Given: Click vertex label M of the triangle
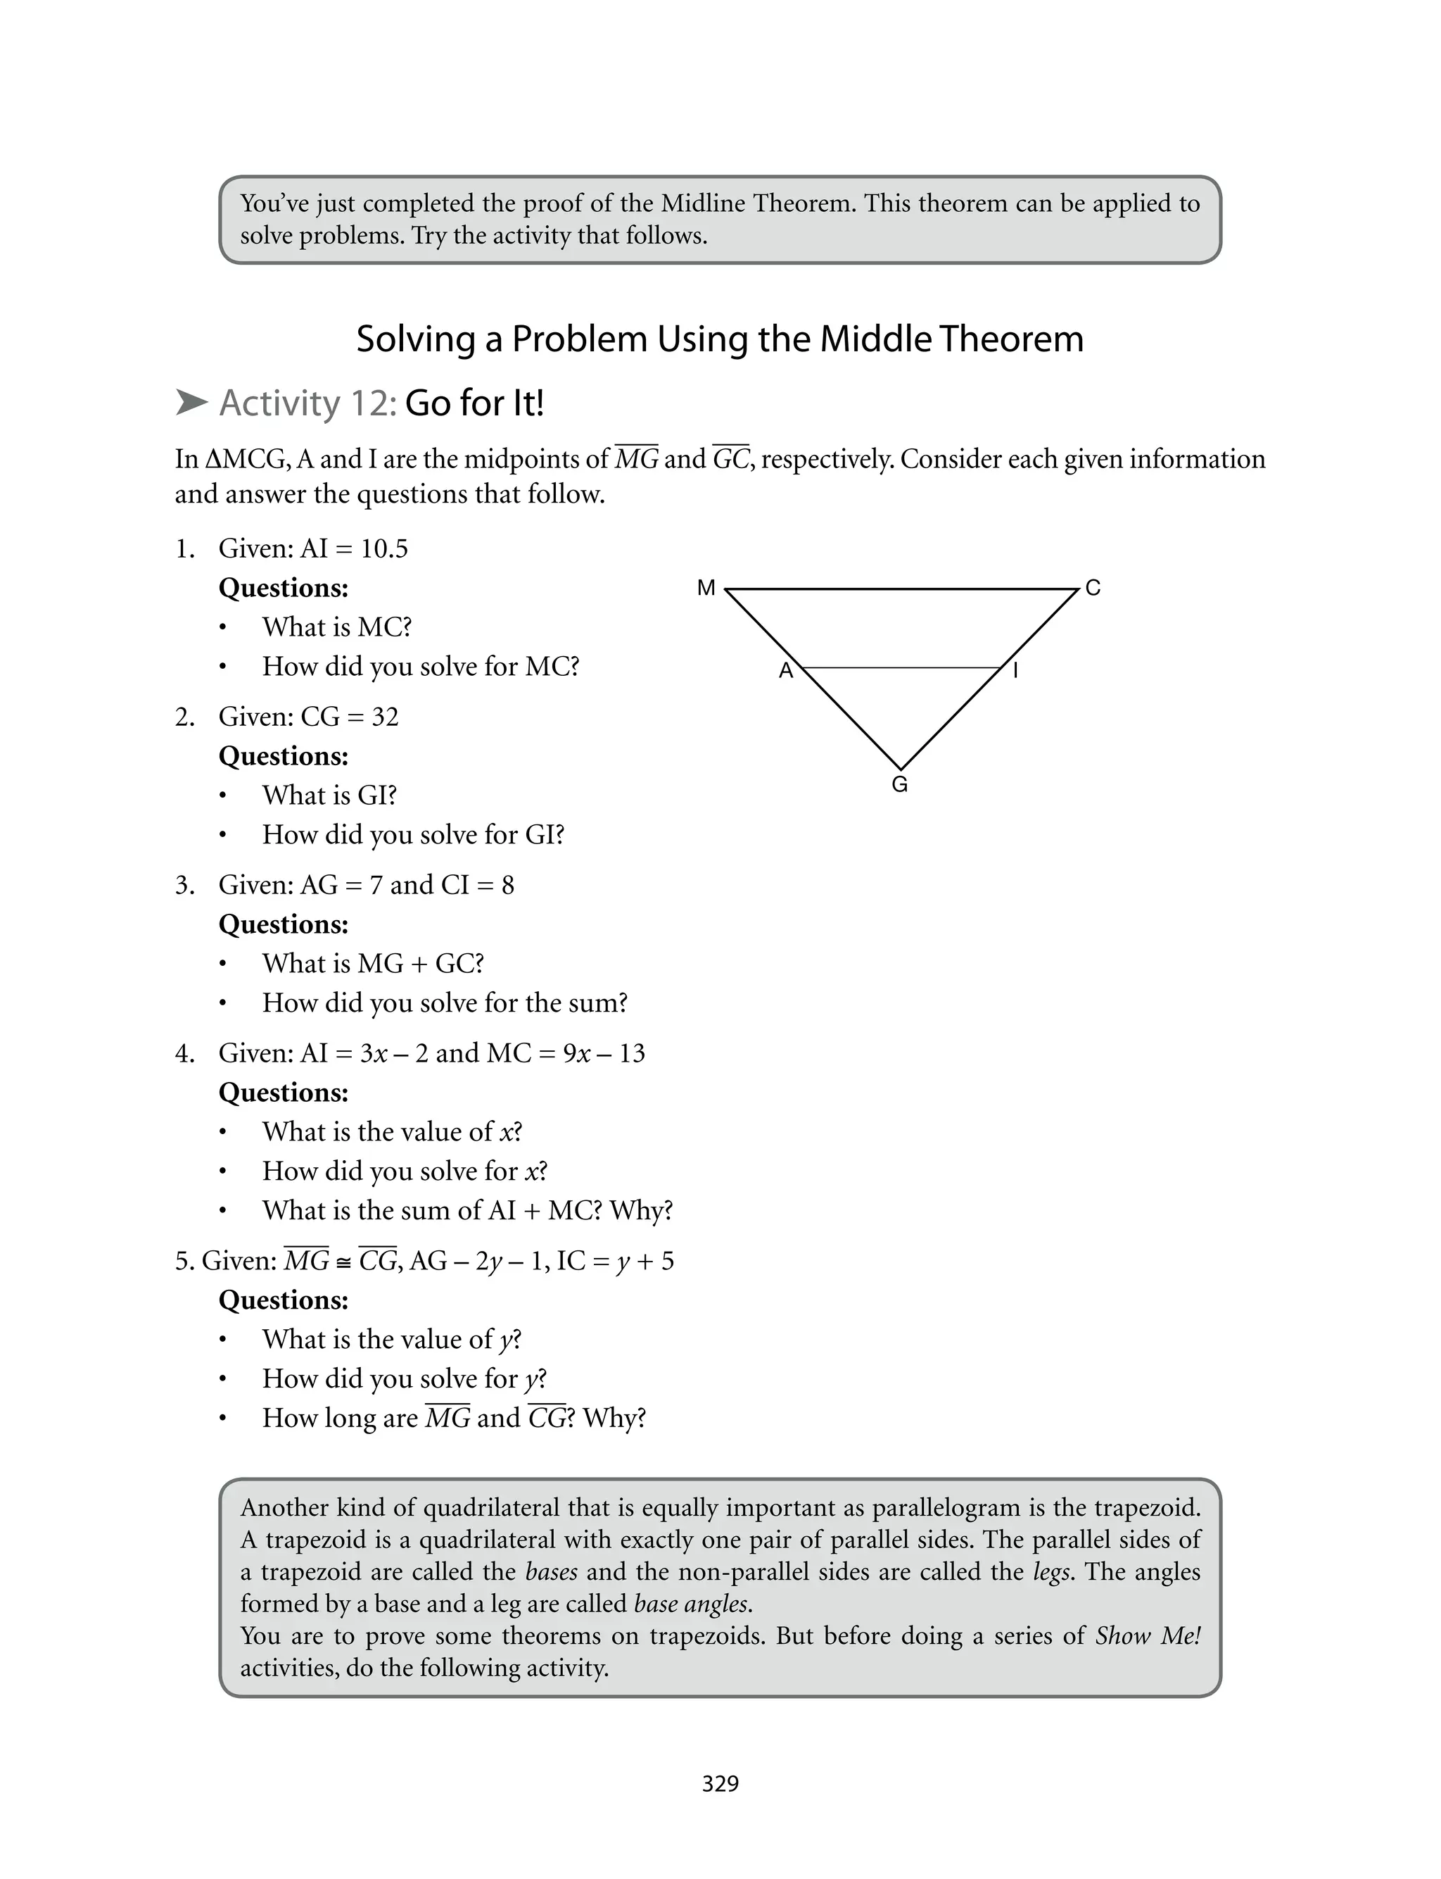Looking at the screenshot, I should point(706,588).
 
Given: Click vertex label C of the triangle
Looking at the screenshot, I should point(1092,588).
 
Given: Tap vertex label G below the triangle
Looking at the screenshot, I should point(900,784).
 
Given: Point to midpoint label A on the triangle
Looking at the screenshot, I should point(786,671).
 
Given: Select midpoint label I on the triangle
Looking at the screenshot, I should point(1015,670).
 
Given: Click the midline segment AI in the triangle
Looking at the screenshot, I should point(901,667).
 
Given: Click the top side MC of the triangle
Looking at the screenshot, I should point(901,589).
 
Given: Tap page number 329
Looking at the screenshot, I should point(720,1784).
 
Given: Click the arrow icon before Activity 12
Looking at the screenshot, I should point(191,403).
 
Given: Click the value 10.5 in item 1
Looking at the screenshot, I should point(383,548).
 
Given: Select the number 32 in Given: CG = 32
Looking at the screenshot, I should point(385,717).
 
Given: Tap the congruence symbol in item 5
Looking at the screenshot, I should point(343,1262).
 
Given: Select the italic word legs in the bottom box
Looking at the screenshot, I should point(1050,1572).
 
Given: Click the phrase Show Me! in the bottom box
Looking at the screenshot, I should point(1147,1635).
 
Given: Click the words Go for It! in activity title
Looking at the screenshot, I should point(474,403).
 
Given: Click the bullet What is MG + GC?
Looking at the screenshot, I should point(372,964).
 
